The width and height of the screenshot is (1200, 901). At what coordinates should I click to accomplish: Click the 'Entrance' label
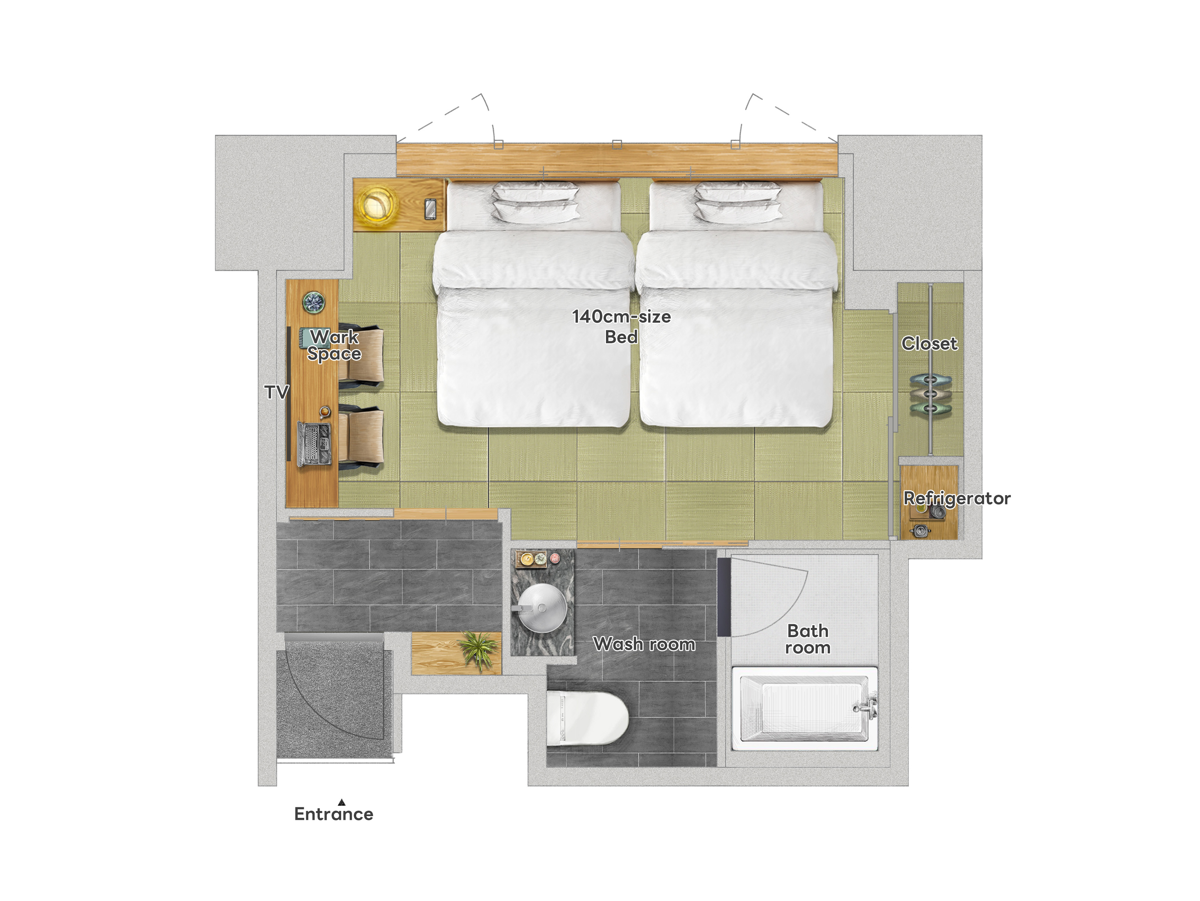[334, 814]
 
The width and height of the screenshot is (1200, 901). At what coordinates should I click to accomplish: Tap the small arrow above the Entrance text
[341, 802]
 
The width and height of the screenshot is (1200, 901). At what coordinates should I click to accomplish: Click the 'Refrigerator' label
[957, 499]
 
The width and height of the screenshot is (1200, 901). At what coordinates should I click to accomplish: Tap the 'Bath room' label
[808, 639]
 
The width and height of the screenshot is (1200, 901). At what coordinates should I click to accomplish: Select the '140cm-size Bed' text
[622, 326]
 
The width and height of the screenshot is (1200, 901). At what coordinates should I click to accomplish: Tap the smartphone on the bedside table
[430, 209]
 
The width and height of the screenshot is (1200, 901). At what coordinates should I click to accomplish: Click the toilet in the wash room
[587, 718]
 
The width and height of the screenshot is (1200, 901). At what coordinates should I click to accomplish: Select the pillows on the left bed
[535, 202]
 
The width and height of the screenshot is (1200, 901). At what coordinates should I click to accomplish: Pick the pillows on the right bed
[738, 202]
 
